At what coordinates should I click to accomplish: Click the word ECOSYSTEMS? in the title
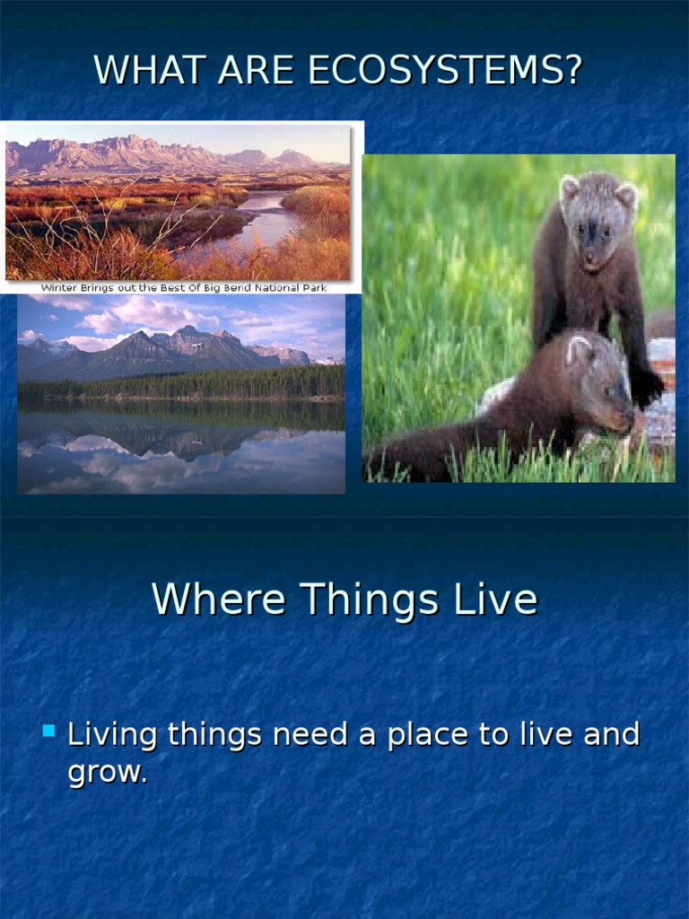coord(445,70)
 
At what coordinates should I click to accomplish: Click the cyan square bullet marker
coord(48,731)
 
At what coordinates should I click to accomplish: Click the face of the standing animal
coord(592,233)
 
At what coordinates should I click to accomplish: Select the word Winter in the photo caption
coord(59,288)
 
